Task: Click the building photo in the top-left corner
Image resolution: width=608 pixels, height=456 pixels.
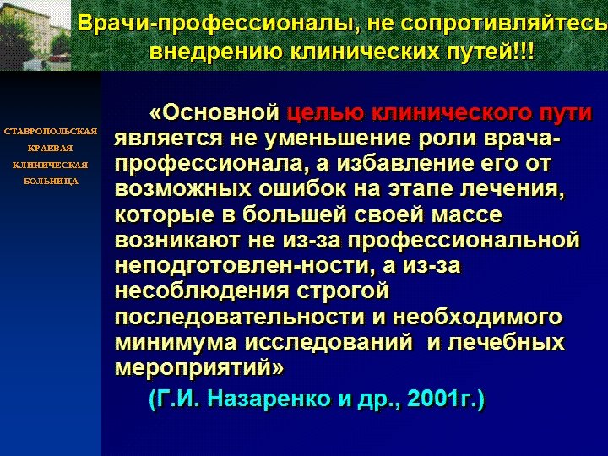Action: tap(35, 35)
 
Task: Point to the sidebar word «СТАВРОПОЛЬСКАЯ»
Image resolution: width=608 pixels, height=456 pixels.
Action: tap(51, 132)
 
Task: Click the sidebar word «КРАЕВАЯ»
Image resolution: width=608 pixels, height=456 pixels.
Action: tap(51, 148)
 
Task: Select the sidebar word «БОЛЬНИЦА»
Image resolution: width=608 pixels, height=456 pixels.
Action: tap(51, 181)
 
